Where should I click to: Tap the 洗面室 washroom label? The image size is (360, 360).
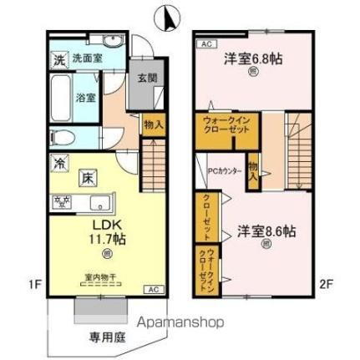point(86,60)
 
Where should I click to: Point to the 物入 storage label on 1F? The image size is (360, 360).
point(153,124)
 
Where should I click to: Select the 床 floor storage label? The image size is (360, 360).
point(87,177)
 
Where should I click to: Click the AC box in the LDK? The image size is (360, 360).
point(152,289)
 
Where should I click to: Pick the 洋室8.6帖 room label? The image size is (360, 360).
point(265,231)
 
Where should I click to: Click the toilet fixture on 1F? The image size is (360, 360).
point(68,136)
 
